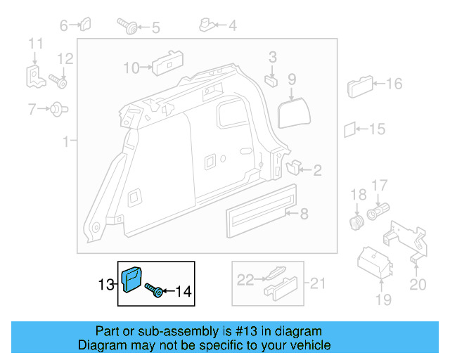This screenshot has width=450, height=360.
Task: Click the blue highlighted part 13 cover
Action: coord(132,278)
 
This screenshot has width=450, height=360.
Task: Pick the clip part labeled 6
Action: coord(84,25)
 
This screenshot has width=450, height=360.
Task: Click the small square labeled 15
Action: coord(349,129)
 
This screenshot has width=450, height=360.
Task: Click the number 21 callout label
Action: coord(319,284)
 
